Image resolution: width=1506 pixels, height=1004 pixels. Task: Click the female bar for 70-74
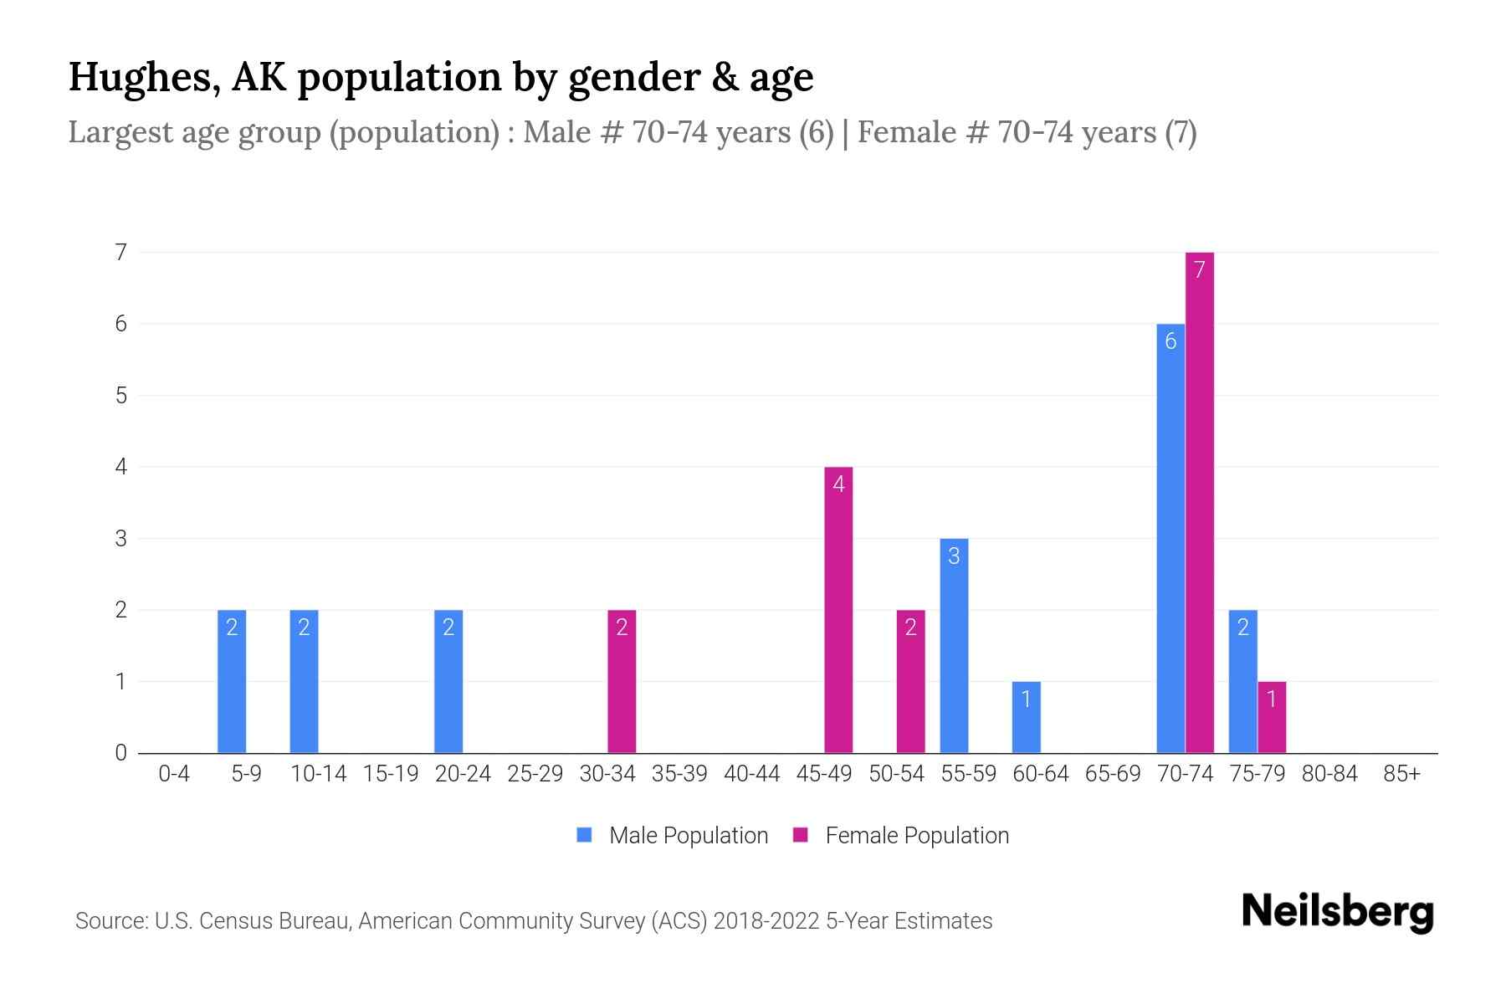pyautogui.click(x=1199, y=502)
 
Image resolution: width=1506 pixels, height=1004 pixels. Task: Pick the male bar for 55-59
pyautogui.click(x=954, y=645)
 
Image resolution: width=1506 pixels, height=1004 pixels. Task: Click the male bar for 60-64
pyautogui.click(x=1026, y=717)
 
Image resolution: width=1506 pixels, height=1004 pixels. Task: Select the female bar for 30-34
pyautogui.click(x=622, y=681)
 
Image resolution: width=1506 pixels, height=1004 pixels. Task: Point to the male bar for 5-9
pyautogui.click(x=232, y=681)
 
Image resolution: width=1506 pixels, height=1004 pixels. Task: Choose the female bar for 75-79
pyautogui.click(x=1271, y=717)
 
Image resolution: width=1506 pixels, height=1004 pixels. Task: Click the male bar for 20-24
pyautogui.click(x=448, y=681)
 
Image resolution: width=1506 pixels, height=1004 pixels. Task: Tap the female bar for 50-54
pyautogui.click(x=910, y=681)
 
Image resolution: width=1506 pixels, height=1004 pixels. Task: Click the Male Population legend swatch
pyautogui.click(x=584, y=835)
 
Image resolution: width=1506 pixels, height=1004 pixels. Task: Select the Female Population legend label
pyautogui.click(x=917, y=835)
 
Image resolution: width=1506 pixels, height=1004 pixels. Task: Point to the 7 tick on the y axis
pyautogui.click(x=121, y=252)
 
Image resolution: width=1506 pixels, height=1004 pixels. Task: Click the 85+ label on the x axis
pyautogui.click(x=1401, y=774)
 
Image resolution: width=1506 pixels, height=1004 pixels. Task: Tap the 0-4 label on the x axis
pyautogui.click(x=174, y=774)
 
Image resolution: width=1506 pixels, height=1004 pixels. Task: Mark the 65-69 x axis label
pyautogui.click(x=1113, y=774)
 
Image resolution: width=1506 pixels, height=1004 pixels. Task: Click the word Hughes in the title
pyautogui.click(x=144, y=77)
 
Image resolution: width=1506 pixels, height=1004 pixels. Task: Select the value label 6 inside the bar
pyautogui.click(x=1170, y=341)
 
